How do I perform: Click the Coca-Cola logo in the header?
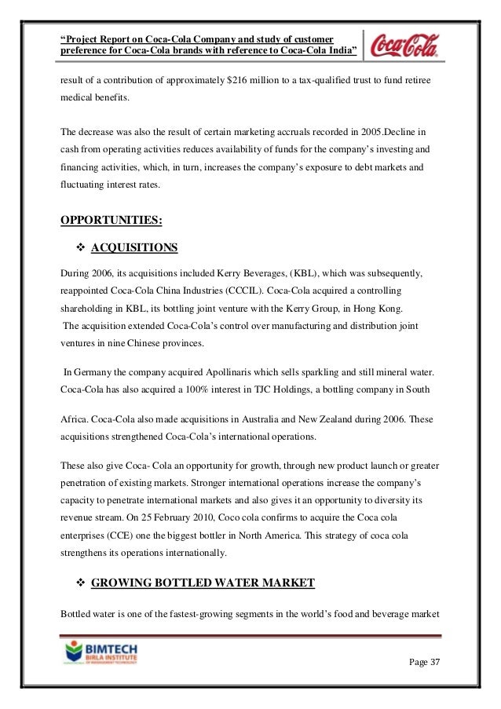(x=407, y=42)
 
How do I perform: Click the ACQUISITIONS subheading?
(x=134, y=249)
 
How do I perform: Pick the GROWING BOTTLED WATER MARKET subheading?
(x=203, y=582)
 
